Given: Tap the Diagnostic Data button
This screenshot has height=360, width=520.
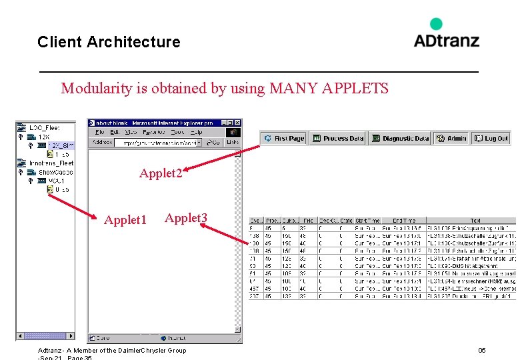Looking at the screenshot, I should [400, 139].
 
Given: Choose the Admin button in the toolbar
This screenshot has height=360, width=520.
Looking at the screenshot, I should [451, 139].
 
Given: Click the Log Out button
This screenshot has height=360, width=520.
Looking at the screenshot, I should [491, 139].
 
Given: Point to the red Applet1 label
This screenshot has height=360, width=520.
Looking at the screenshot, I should [125, 220].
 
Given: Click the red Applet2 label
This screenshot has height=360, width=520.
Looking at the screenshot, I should [161, 173].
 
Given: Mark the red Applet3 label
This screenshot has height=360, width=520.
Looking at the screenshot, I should [186, 218].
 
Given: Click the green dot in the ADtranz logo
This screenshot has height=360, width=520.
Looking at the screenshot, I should [436, 24].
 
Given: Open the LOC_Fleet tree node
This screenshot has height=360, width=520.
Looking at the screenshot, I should [44, 127].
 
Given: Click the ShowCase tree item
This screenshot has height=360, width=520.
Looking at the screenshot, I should [55, 172].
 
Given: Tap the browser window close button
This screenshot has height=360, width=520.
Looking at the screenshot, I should [237, 123].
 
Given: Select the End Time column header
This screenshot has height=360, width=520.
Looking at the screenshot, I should [403, 221].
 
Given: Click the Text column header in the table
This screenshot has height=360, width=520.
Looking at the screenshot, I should [475, 221].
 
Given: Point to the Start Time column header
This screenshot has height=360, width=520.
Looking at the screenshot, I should [367, 221].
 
